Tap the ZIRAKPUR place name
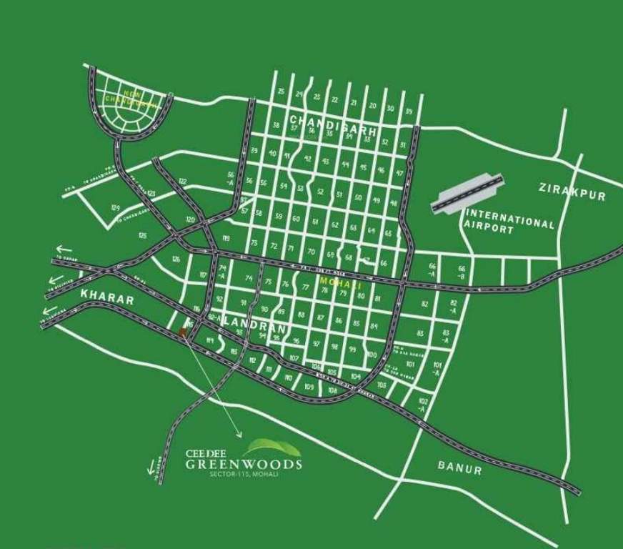point(571,191)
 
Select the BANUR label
point(459,468)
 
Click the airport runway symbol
point(467,193)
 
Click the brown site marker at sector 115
point(183,332)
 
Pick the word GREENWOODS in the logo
point(244,464)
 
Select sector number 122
point(182,182)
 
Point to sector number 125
point(142,235)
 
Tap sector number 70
point(311,251)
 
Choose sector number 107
point(294,357)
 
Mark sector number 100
point(372,355)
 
